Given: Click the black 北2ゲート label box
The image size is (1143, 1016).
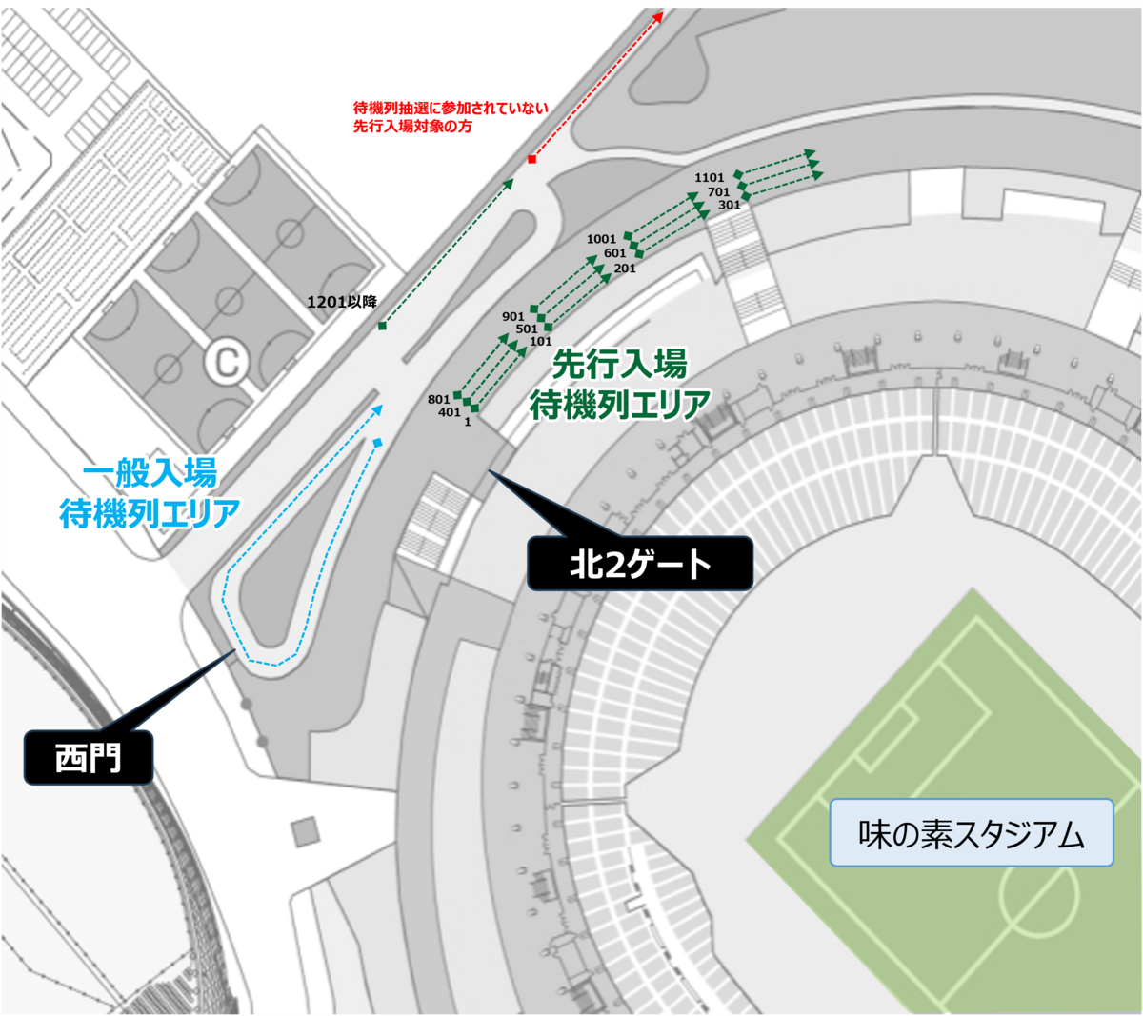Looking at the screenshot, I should pyautogui.click(x=640, y=564).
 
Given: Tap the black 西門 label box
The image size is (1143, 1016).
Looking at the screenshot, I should pyautogui.click(x=89, y=758).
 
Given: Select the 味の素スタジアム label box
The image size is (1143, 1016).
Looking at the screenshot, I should pyautogui.click(x=971, y=833).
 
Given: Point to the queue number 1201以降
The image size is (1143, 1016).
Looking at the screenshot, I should pyautogui.click(x=342, y=302).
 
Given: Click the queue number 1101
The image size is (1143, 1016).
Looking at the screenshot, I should pyautogui.click(x=709, y=177).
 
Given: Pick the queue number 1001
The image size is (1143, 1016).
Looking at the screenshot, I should pyautogui.click(x=601, y=239).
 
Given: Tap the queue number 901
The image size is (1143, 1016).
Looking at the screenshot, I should pyautogui.click(x=513, y=316).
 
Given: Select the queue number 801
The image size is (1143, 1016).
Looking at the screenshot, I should pyautogui.click(x=438, y=400).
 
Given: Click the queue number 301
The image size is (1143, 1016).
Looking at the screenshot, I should pyautogui.click(x=729, y=205).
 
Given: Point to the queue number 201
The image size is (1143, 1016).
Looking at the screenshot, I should pyautogui.click(x=625, y=269).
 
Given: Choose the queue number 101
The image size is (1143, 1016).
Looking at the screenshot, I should pyautogui.click(x=541, y=341).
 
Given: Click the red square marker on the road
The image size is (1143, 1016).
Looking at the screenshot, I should pyautogui.click(x=531, y=159).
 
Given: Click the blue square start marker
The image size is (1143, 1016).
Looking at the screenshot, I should pyautogui.click(x=378, y=443).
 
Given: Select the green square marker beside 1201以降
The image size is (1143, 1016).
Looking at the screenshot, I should pyautogui.click(x=382, y=327).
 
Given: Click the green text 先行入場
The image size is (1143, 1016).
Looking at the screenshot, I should pyautogui.click(x=619, y=364).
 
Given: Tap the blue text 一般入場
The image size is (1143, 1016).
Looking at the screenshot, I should pyautogui.click(x=150, y=472).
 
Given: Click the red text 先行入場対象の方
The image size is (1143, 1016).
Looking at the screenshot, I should pyautogui.click(x=412, y=127).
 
